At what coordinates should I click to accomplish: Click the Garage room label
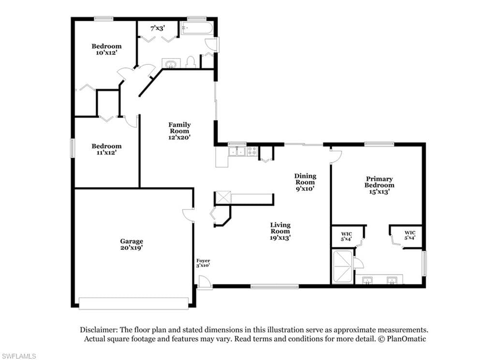[131, 244]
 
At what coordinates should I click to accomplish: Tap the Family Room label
[179, 131]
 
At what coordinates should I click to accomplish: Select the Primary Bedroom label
[379, 185]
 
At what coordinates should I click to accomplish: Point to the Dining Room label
[306, 182]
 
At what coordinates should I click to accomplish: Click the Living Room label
[280, 231]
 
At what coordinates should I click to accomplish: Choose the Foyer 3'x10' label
[203, 263]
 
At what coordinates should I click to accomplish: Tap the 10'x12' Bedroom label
[106, 49]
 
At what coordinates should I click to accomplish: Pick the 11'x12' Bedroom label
[106, 149]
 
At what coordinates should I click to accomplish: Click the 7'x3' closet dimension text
[158, 29]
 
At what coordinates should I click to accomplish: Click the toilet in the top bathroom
[190, 62]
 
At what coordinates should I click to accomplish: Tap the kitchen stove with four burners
[252, 151]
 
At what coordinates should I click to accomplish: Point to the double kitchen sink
[237, 151]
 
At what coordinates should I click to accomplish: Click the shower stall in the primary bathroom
[343, 267]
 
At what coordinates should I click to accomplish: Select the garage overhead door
[134, 303]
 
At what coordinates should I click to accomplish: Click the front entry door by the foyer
[204, 282]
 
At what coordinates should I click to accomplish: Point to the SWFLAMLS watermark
[18, 356]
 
